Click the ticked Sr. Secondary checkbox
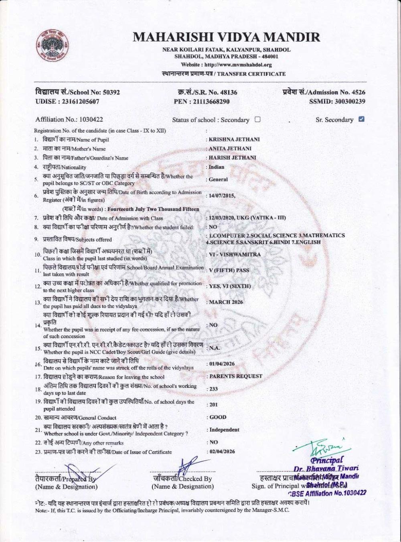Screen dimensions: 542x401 [361, 119]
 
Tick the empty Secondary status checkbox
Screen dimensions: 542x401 [257, 119]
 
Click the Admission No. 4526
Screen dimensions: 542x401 [356, 92]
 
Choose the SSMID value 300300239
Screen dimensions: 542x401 [348, 102]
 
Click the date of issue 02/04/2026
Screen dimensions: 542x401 [222, 451]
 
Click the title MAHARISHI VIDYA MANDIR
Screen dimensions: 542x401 [227, 38]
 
